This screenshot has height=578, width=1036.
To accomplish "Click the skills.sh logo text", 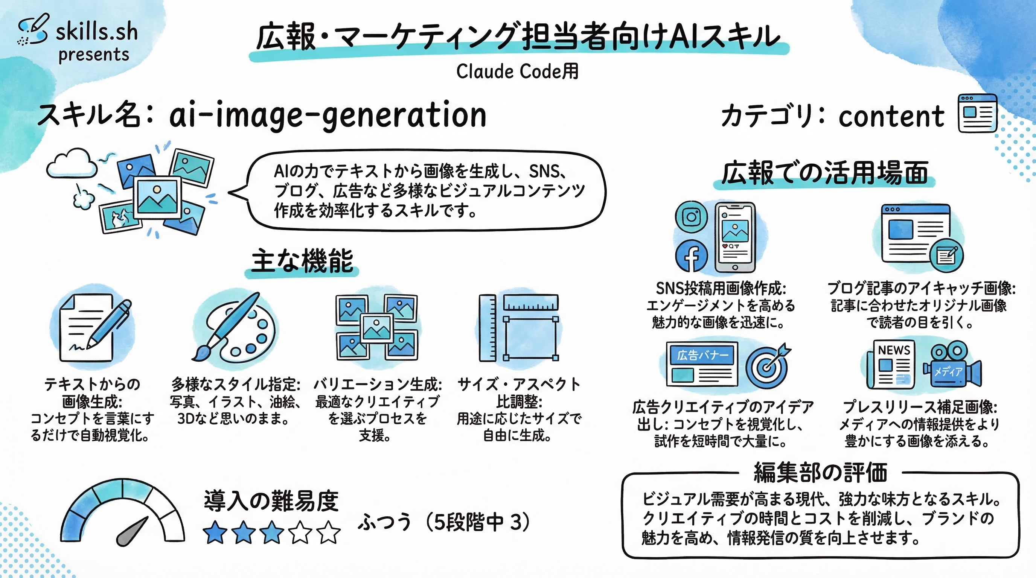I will point(96,32).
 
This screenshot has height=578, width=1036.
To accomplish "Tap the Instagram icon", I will point(691,217).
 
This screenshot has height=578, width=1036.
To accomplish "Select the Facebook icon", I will point(691,256).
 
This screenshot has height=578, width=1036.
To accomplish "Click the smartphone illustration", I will point(735,237).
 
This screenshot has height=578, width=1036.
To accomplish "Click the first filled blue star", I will point(215,532).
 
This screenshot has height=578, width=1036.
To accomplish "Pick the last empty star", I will point(329,532).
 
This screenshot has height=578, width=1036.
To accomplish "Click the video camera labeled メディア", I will point(952,366).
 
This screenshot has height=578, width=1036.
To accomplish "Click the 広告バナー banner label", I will point(702,355).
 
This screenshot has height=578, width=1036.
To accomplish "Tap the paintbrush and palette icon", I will point(235,328).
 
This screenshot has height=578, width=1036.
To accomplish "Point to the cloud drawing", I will point(72,164).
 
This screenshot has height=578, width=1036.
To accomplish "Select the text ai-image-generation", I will point(328,116).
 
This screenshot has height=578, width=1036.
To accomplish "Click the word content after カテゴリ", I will point(891,117).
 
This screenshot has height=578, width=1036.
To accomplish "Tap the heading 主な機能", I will point(302,261).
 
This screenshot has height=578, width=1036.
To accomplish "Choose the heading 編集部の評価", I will point(820,473).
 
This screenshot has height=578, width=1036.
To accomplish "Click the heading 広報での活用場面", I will point(824,173).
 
